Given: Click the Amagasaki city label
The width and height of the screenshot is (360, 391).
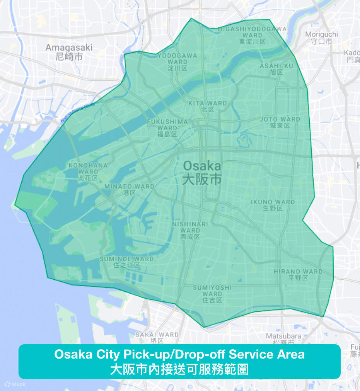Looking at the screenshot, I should click(69, 52).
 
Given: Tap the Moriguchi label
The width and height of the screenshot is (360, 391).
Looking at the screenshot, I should click(321, 37).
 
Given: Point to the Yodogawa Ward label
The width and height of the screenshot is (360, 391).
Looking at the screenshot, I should click(177, 61).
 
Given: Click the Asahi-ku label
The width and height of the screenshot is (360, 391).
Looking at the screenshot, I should click(276, 69).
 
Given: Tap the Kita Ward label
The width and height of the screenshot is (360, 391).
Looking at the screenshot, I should click(208, 106).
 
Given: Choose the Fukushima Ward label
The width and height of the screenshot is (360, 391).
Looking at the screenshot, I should click(167, 127).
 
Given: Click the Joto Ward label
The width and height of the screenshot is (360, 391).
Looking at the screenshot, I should click(280, 122).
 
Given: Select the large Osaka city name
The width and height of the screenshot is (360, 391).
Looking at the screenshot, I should click(202, 172).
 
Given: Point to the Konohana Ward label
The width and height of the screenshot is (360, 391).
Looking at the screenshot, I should click(88, 171).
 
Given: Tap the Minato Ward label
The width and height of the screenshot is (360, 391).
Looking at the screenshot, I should click(129, 189).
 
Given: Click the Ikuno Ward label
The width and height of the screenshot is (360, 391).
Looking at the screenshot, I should click(273, 205).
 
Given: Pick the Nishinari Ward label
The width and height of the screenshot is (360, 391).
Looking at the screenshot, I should click(190, 230).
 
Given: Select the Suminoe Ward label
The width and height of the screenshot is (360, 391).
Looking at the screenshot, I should click(126, 262).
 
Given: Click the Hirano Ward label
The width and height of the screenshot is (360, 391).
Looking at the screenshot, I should click(298, 274).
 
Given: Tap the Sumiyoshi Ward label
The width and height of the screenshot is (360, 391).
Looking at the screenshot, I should click(212, 293).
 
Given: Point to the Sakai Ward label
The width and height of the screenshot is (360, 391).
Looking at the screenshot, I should click(157, 337).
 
